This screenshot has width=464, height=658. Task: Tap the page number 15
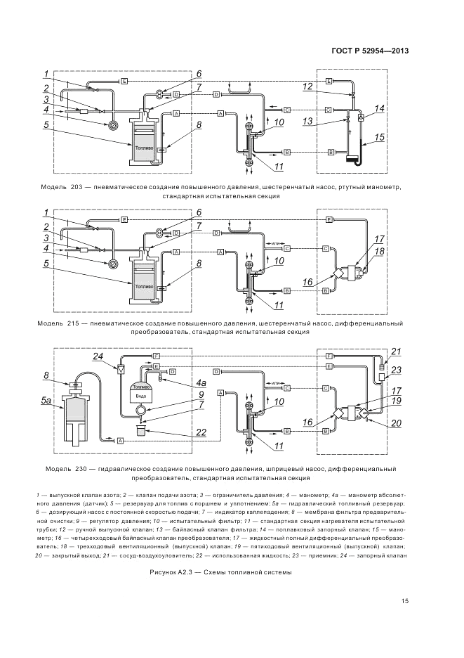coord(405,600)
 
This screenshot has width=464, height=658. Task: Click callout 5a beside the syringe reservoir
coord(47,400)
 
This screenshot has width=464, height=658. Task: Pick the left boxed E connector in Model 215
coord(123,220)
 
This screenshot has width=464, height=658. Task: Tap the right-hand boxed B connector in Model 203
coord(331,152)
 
